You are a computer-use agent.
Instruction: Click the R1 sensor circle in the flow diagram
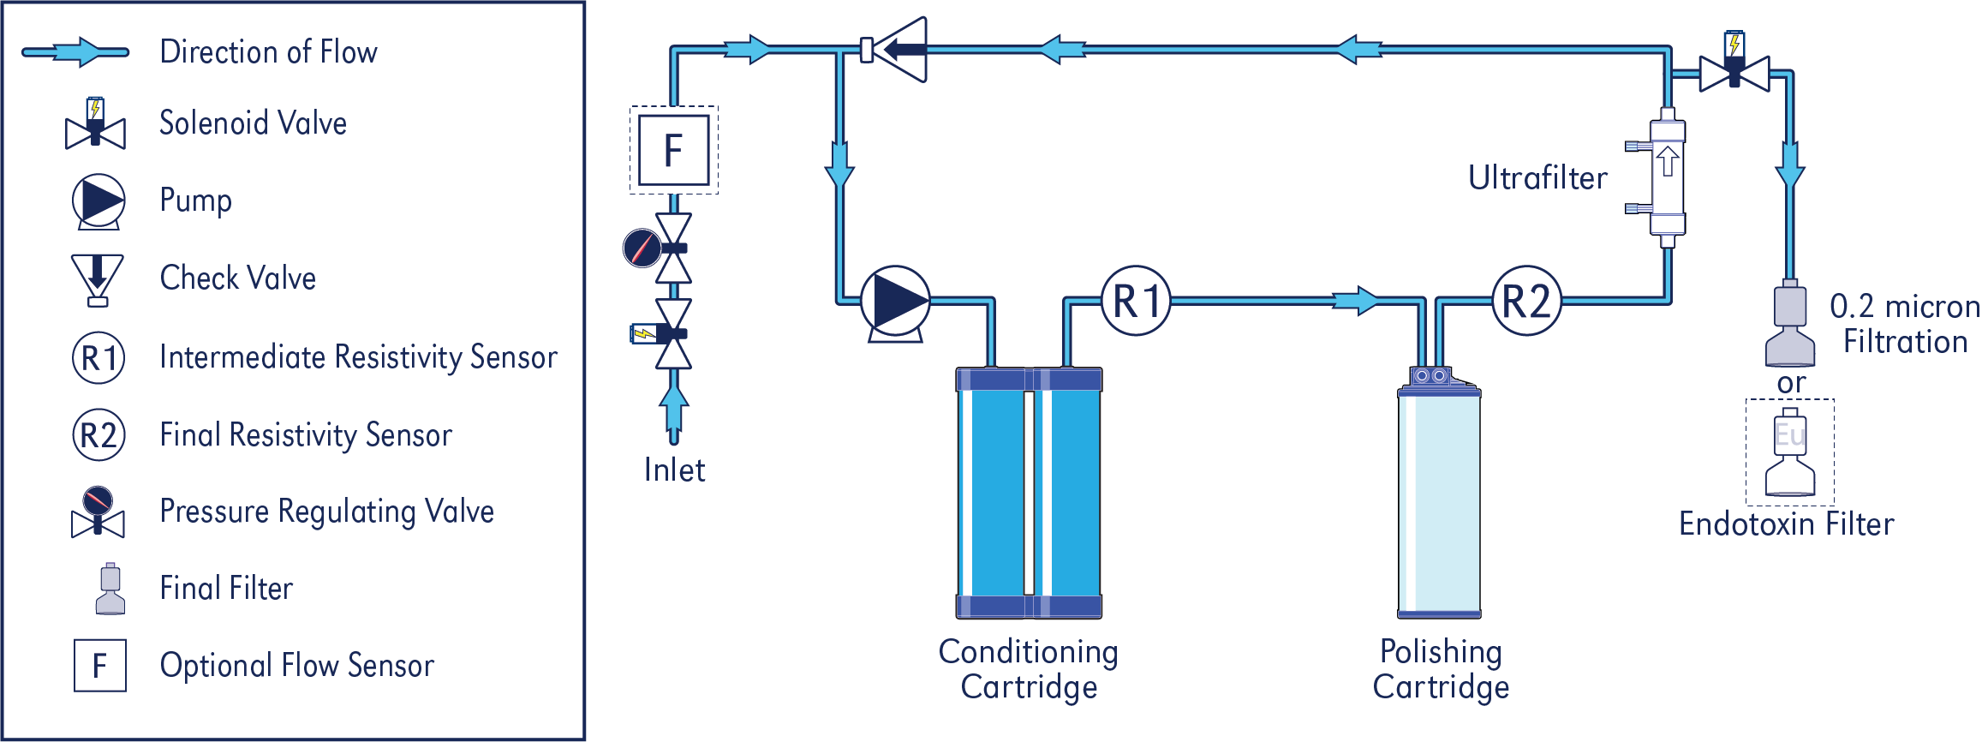[x=1136, y=301]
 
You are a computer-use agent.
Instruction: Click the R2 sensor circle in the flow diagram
[x=1526, y=301]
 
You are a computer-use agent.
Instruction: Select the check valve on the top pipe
[x=895, y=49]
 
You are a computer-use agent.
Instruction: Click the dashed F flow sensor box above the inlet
[x=674, y=150]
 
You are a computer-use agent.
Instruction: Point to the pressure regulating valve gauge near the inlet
[x=642, y=248]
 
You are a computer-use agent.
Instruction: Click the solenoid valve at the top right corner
[x=1734, y=69]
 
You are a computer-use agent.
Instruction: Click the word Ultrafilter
[x=1537, y=178]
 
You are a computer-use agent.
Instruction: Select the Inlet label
[x=674, y=470]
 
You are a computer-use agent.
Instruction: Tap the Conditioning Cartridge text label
[x=1028, y=669]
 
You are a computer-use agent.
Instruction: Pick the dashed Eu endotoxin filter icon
[x=1790, y=452]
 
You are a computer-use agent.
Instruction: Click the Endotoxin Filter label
[x=1786, y=524]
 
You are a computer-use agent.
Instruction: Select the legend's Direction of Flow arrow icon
[x=75, y=52]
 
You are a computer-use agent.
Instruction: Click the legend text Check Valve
[x=238, y=278]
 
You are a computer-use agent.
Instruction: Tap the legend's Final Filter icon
[x=110, y=589]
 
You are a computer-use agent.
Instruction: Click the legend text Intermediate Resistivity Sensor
[x=358, y=357]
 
